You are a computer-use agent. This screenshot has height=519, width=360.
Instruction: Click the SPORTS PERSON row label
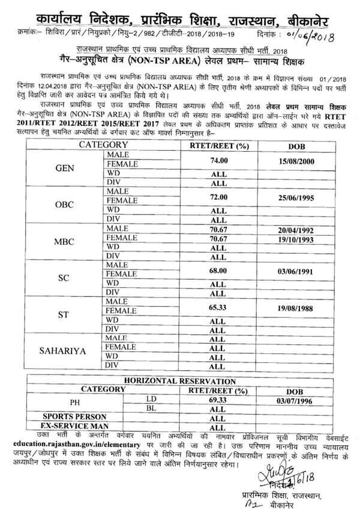(x=74, y=416)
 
